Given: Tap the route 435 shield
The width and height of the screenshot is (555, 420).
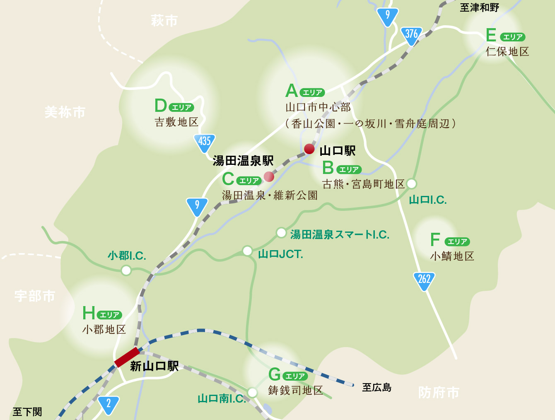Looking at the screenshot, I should pyautogui.click(x=204, y=142).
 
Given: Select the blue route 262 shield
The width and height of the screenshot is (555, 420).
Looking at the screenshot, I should pyautogui.click(x=424, y=280).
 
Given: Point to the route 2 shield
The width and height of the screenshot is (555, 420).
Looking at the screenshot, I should pyautogui.click(x=109, y=404).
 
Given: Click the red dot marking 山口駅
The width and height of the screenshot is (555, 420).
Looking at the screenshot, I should pyautogui.click(x=309, y=148).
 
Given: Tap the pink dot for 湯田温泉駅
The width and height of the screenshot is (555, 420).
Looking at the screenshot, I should pyautogui.click(x=269, y=176).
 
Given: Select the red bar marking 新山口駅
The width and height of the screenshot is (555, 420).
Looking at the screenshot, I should pyautogui.click(x=127, y=357).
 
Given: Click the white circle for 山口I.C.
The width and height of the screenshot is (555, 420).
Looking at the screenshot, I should pyautogui.click(x=411, y=183).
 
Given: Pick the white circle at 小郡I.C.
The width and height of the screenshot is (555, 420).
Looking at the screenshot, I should pyautogui.click(x=126, y=270).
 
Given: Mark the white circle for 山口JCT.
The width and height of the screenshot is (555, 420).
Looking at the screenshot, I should pyautogui.click(x=247, y=251).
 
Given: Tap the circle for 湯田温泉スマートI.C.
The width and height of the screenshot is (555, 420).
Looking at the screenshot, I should pyautogui.click(x=281, y=233).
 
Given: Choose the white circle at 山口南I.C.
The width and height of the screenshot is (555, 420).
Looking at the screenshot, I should pyautogui.click(x=252, y=392).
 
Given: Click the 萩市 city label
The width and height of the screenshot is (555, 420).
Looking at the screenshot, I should pyautogui.click(x=164, y=21).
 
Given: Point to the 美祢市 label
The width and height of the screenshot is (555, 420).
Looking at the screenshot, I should pyautogui.click(x=65, y=112).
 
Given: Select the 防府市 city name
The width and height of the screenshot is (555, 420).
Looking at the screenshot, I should pyautogui.click(x=439, y=392).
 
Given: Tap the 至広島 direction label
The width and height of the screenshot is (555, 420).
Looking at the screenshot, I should pyautogui.click(x=376, y=387).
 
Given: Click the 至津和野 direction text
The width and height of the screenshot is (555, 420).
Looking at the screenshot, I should pyautogui.click(x=479, y=7).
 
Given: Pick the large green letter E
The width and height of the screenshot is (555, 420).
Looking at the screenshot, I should pyautogui.click(x=491, y=36).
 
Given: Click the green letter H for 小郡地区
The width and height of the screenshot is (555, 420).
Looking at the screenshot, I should pyautogui.click(x=89, y=313).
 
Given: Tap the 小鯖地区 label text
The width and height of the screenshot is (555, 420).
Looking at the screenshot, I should pyautogui.click(x=452, y=256).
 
